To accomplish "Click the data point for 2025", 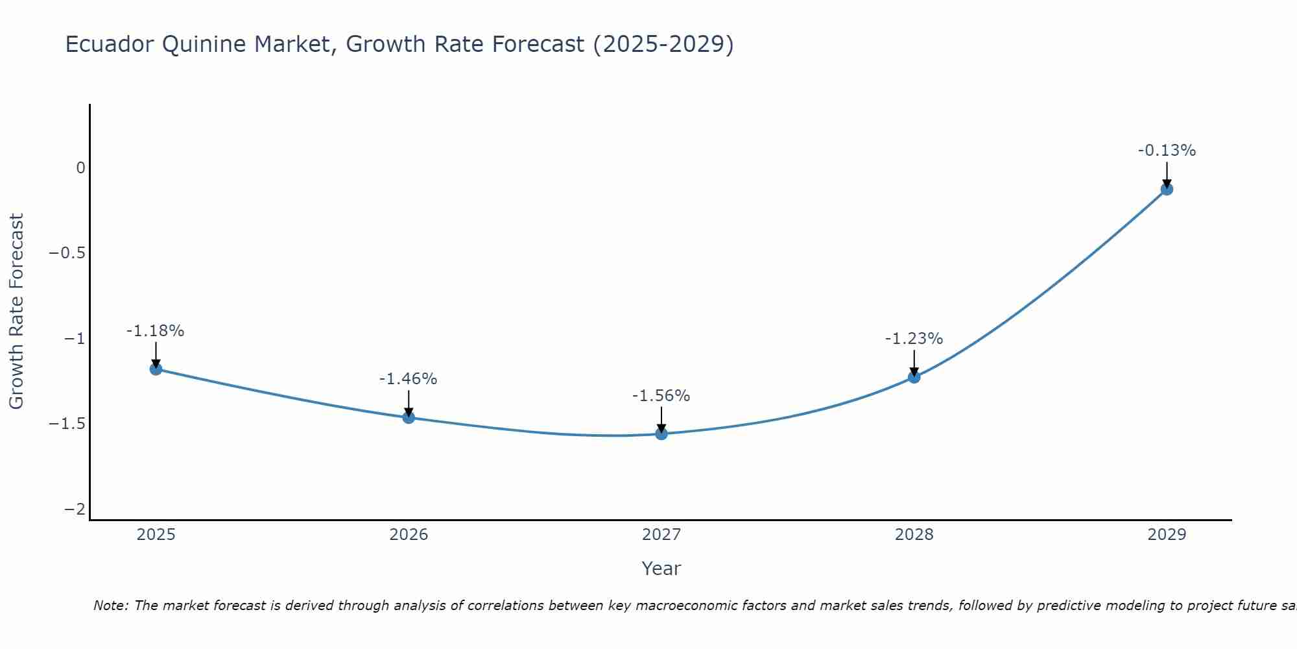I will [156, 369].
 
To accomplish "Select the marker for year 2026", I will [409, 417].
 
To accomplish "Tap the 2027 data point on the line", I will [661, 434].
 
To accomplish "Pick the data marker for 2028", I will [914, 376].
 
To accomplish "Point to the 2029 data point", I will [1167, 189].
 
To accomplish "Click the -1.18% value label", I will [155, 331].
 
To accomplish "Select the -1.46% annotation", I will [408, 379].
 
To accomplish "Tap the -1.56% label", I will [661, 396].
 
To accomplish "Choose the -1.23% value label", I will [914, 339].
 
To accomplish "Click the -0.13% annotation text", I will [1167, 151].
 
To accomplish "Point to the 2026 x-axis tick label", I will [409, 535].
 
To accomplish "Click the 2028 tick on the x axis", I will [914, 535].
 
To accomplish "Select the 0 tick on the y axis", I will [80, 168].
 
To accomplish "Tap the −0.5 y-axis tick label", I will [67, 253].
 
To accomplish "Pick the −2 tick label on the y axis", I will [75, 509].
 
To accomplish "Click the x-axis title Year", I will [661, 569].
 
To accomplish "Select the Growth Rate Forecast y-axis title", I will [16, 311].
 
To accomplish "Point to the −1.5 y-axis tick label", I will [67, 424].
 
